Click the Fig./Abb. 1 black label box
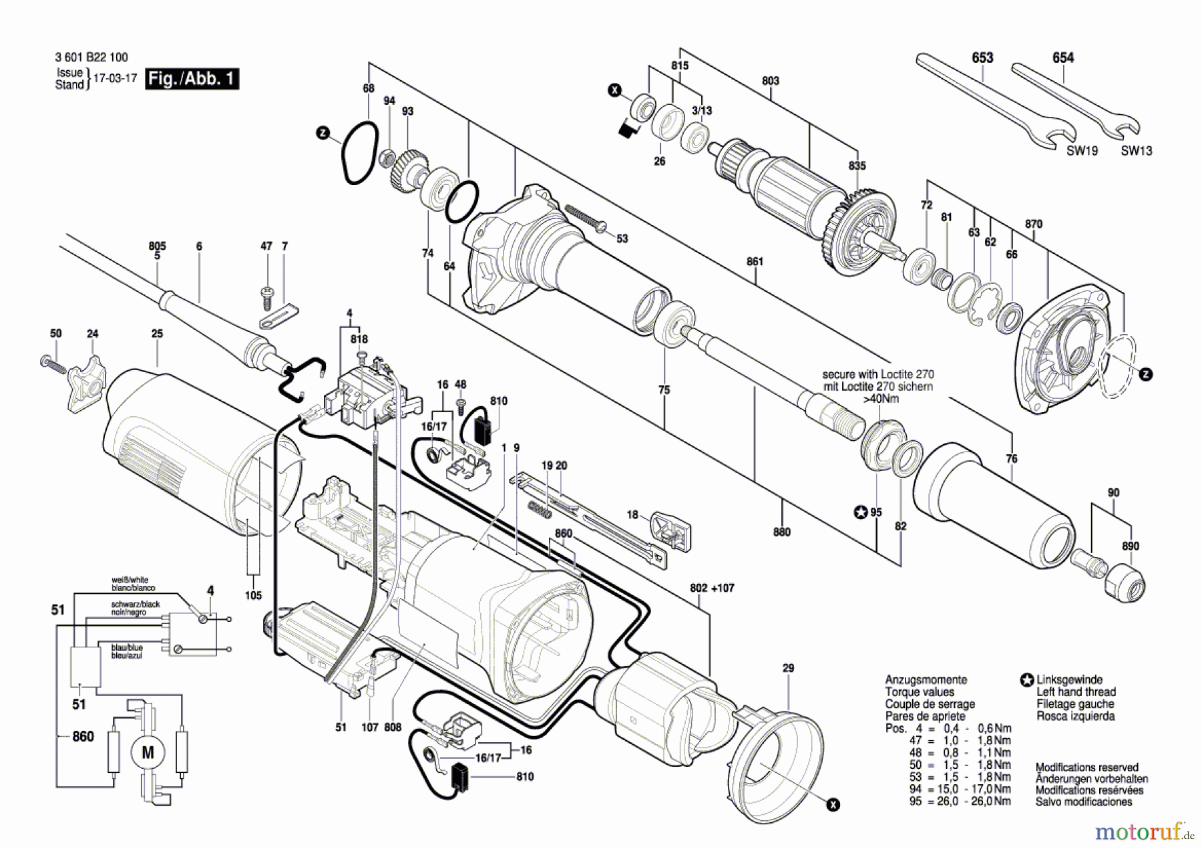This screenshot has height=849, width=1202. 192,79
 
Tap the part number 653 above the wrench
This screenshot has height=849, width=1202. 982,58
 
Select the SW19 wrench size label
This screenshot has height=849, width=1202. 1082,151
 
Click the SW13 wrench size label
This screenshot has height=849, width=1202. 1136,151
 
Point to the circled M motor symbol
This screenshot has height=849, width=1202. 148,753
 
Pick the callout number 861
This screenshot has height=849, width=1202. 755,262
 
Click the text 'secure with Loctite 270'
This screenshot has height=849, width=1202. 877,374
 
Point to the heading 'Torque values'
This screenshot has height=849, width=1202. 920,692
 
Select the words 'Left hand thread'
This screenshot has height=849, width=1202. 1076,692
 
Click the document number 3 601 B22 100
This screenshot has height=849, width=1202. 91,57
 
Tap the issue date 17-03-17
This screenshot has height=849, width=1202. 115,78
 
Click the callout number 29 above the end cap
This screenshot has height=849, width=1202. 788,668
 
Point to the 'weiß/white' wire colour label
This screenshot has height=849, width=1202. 130,580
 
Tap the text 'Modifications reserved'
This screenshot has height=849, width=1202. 1086,768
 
